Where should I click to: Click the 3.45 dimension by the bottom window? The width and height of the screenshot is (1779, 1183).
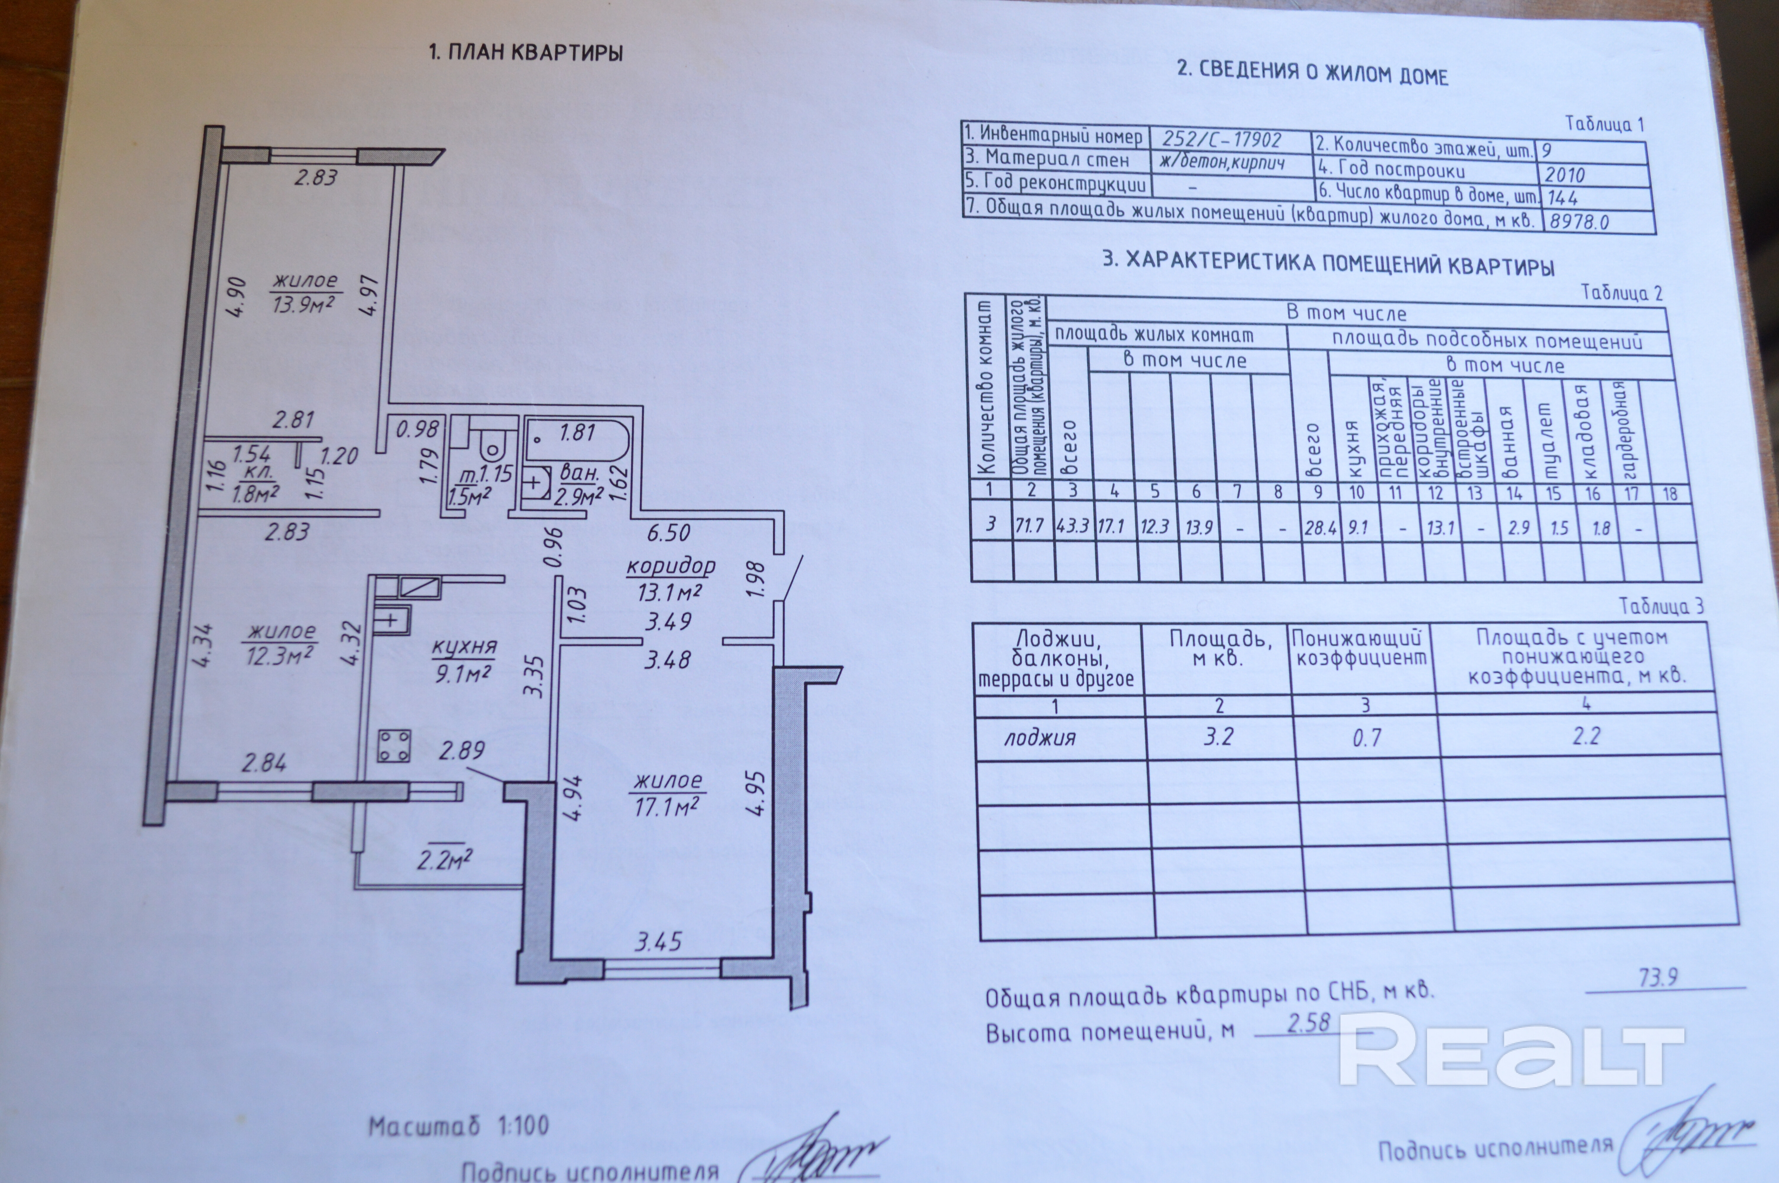click(658, 942)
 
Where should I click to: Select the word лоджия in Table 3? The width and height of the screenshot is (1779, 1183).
click(1039, 738)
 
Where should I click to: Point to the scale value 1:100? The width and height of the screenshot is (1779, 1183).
click(523, 1127)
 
